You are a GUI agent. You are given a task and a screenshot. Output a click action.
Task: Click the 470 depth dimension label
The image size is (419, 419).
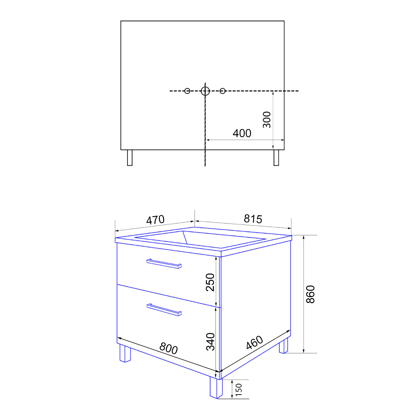(x=155, y=220)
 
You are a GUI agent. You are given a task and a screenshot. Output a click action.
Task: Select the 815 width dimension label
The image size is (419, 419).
(x=253, y=219)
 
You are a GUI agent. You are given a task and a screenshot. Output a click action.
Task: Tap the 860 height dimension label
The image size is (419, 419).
(x=310, y=294)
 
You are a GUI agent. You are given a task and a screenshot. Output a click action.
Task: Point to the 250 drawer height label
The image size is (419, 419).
(x=210, y=282)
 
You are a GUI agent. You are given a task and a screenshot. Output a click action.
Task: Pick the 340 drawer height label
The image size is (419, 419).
(x=210, y=341)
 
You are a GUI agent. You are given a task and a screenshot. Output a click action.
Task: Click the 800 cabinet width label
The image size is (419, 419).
(x=168, y=348)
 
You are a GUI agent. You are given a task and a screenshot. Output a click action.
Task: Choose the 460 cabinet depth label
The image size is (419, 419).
(x=254, y=342)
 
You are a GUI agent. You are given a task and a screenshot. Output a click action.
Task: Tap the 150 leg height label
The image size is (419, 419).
(x=239, y=389)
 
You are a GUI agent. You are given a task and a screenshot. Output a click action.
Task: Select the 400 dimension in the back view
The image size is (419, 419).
(x=242, y=133)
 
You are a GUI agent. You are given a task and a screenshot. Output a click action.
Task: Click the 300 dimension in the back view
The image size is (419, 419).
(x=267, y=120)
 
